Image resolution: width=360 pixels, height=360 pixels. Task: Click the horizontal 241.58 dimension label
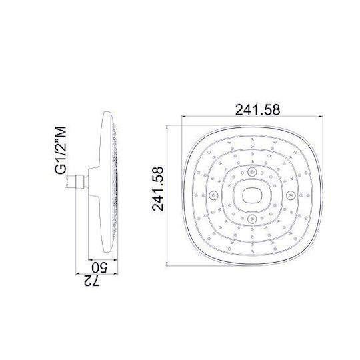257,109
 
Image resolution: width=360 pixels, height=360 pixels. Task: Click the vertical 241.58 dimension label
158,189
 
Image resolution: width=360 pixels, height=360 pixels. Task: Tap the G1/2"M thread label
61,151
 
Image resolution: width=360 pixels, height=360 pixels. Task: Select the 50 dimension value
99,267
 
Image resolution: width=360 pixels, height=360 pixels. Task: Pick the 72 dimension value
92,281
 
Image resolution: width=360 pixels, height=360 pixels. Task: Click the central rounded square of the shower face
252,195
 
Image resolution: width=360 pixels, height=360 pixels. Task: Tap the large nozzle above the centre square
252,171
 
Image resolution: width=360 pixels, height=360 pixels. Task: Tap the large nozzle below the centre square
252,219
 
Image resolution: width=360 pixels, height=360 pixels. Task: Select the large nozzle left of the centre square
213,195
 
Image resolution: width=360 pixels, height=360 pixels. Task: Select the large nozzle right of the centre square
291,195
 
